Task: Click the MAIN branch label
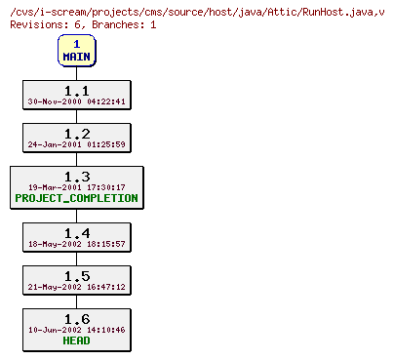point(76,57)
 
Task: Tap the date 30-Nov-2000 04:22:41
point(76,100)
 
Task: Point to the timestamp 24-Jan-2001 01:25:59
point(76,143)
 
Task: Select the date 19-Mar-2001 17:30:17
point(76,186)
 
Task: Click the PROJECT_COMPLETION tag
point(76,198)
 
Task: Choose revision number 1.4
point(76,232)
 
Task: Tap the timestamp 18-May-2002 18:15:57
point(76,244)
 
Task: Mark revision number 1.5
point(76,275)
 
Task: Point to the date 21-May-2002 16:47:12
point(76,287)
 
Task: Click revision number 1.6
point(76,318)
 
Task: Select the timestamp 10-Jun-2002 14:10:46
point(76,330)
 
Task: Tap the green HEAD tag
point(76,340)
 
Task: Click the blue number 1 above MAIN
point(76,44)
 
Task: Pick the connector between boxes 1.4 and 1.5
point(76,260)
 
